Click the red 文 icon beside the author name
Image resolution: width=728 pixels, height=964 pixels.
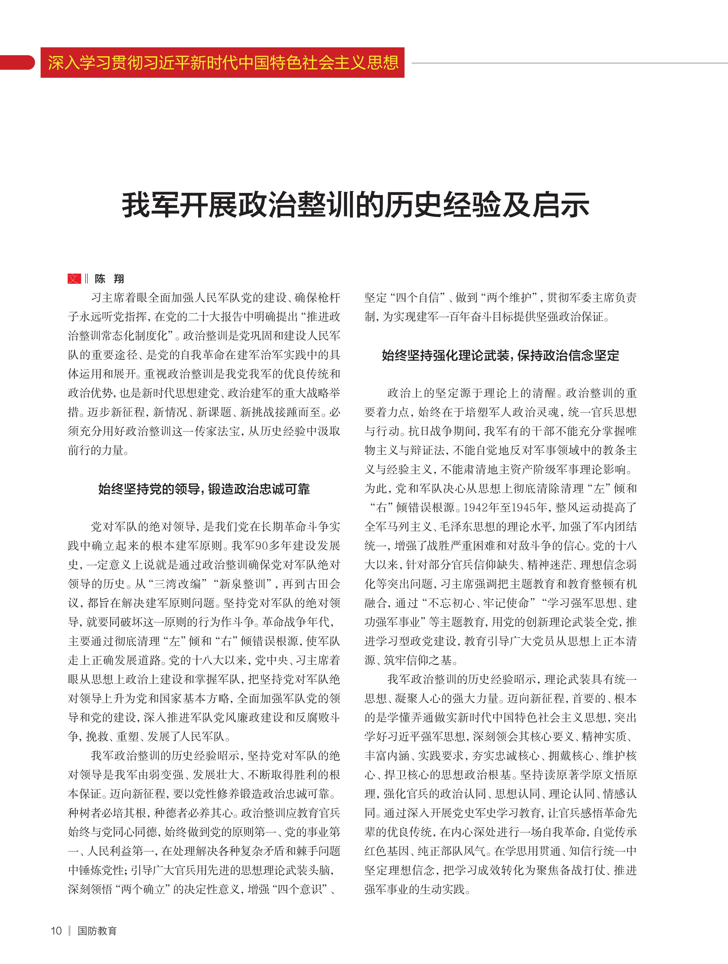pos(74,279)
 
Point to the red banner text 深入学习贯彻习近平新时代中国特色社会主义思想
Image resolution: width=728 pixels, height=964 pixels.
pos(223,63)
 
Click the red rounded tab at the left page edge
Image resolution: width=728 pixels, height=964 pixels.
pos(17,63)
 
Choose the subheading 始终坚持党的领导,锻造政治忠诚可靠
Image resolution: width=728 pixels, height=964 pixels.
pos(204,489)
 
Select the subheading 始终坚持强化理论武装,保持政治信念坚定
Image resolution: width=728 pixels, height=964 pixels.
pos(500,356)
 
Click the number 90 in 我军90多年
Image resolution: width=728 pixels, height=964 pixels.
pos(262,546)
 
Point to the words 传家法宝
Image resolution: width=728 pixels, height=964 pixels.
pos(217,431)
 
